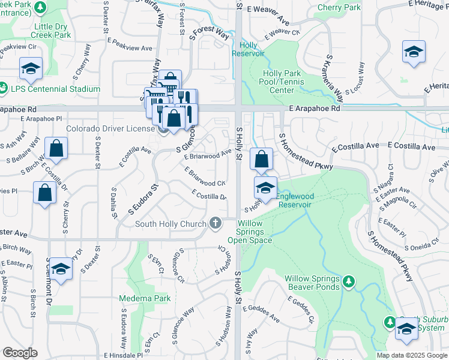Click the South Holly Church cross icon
[215, 224]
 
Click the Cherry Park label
[339, 8]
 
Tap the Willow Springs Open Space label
[250, 232]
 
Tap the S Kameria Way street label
[334, 77]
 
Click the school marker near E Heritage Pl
[414, 52]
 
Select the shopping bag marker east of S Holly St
[261, 160]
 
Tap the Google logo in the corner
[20, 353]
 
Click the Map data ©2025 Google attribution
[412, 355]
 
